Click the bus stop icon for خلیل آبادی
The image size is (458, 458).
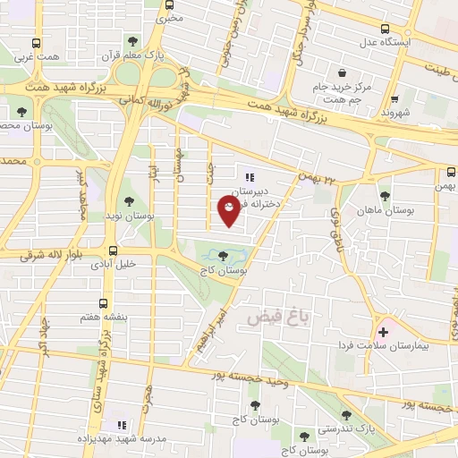[113, 251]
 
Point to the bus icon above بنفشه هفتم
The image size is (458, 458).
[103, 303]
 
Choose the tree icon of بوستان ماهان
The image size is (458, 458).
[385, 196]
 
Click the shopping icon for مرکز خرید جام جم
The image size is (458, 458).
[342, 73]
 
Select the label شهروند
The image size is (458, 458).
[394, 114]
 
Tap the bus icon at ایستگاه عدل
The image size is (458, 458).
[385, 29]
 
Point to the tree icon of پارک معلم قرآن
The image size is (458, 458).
[132, 41]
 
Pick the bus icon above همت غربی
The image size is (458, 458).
[36, 42]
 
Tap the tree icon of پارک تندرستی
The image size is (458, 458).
[347, 415]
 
